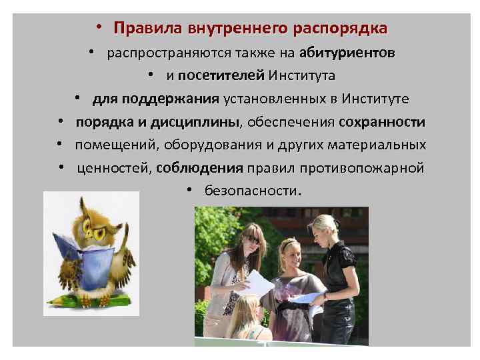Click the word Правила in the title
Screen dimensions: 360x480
pos(138,29)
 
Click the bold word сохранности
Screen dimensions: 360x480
pos(381,122)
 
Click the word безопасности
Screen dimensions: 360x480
pos(252,191)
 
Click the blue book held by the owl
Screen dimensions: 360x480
pos(77,253)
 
